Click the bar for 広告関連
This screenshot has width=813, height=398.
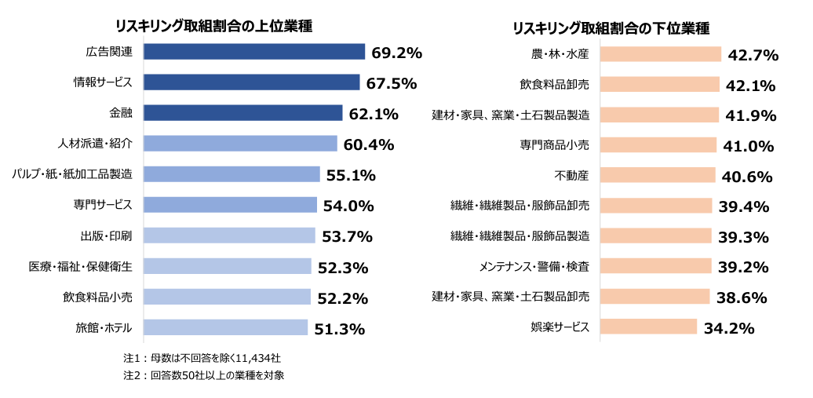[x=254, y=52]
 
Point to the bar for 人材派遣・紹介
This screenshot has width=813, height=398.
[x=240, y=144]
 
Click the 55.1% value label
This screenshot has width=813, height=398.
[x=351, y=175]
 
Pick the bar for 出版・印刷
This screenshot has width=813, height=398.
[x=229, y=236]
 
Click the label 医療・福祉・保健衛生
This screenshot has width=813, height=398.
[x=81, y=266]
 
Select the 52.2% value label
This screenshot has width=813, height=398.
[x=342, y=298]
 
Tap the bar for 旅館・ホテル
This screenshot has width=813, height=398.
[x=225, y=327]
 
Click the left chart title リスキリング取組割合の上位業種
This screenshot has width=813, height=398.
[x=214, y=25]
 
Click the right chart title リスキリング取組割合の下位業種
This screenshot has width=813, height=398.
[x=611, y=28]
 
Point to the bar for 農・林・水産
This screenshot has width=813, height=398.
[x=660, y=54]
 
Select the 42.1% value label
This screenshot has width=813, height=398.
[x=751, y=86]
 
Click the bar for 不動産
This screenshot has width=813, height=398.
[x=657, y=175]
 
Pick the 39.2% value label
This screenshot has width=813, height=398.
[x=742, y=268]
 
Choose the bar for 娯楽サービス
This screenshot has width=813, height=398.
[x=648, y=327]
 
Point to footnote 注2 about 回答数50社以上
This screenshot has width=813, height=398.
[x=203, y=375]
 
